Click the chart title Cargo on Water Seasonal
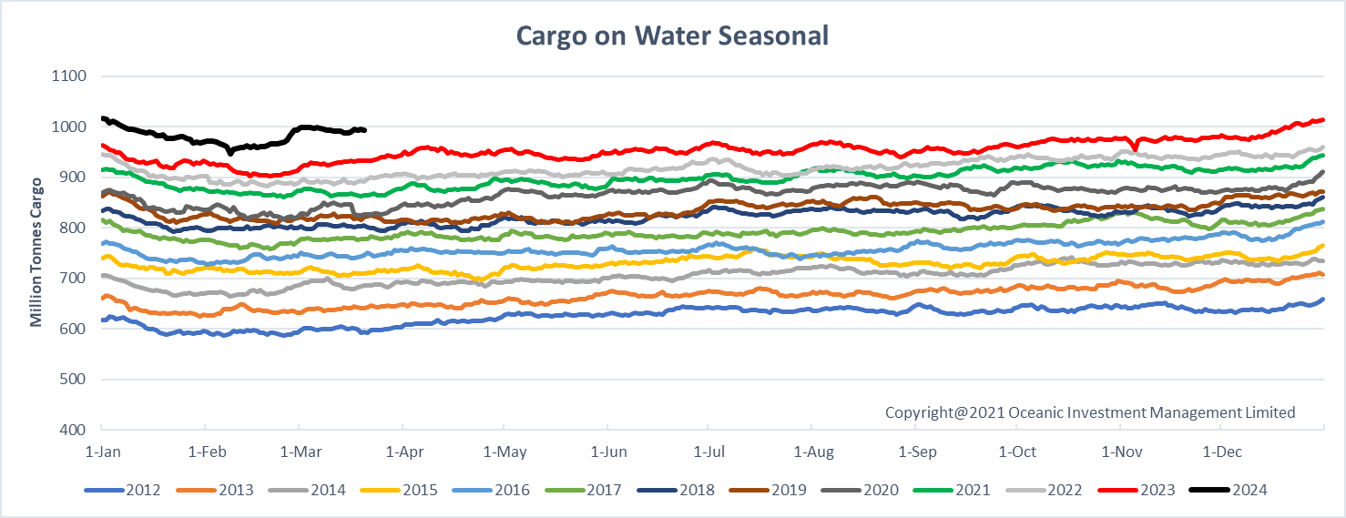672,36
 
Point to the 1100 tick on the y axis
69,76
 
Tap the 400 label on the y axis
73,429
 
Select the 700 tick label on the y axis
73,278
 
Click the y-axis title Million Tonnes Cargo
36,252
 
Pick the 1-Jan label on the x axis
101,452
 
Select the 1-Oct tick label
1016,452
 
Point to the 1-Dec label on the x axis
1221,452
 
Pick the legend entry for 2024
1249,491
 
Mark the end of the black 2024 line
364,130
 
